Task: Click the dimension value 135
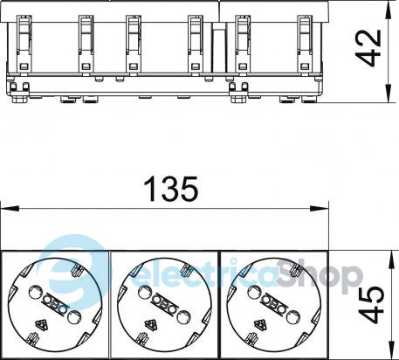pos(171,190)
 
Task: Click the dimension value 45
pos(371,305)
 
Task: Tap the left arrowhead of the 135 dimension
pos(10,209)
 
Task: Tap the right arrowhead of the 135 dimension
pos(320,209)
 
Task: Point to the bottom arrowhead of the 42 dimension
pos(388,93)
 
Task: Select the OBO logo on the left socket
pos(55,303)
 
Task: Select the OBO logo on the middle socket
pos(164,303)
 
